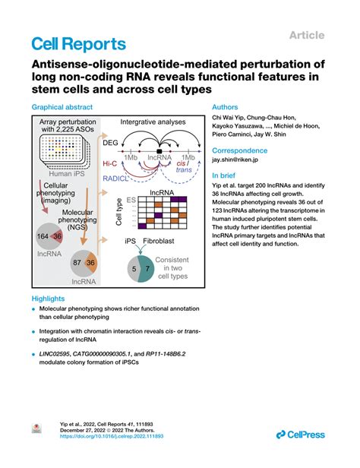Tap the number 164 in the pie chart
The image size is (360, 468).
coord(44,236)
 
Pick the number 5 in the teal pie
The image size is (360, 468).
coord(134,268)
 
